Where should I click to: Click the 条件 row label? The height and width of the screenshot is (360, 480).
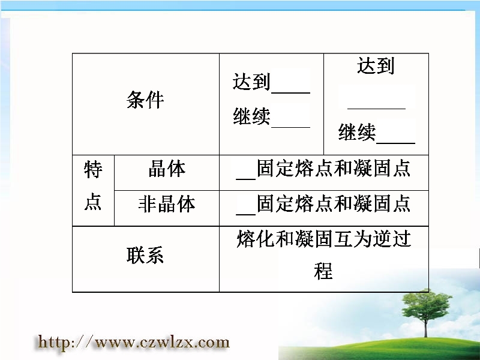[145, 100]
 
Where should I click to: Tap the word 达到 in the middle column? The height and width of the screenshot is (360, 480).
[251, 82]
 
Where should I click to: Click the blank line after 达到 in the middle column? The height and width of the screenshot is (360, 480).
[291, 92]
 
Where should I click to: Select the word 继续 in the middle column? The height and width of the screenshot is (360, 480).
[251, 116]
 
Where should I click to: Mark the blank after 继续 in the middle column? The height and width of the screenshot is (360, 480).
[291, 127]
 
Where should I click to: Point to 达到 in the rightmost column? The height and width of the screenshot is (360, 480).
[376, 65]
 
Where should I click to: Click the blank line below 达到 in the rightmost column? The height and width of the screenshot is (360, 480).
[377, 109]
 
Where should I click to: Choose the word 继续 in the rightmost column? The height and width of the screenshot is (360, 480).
[357, 132]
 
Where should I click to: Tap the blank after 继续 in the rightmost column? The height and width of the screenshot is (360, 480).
[395, 143]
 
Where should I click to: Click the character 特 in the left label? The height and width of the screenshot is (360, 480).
[93, 170]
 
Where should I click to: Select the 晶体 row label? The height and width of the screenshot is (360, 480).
[167, 169]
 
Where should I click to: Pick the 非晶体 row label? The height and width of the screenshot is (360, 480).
[167, 204]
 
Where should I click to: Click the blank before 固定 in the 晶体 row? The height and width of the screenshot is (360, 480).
[246, 179]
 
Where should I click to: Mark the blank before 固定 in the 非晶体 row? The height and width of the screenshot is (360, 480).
[246, 214]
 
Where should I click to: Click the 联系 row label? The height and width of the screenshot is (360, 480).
[145, 255]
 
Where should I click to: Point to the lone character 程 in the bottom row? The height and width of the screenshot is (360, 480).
[323, 271]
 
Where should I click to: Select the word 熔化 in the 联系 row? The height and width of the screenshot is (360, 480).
[256, 239]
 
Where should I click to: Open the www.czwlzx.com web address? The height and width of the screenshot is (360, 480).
[133, 342]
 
